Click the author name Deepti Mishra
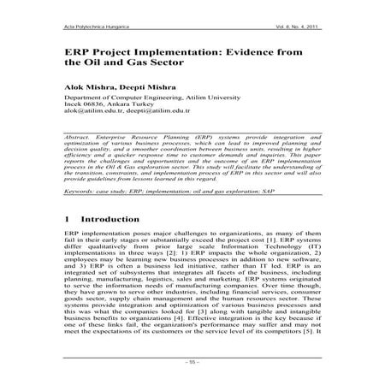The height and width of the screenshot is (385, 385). [131, 88]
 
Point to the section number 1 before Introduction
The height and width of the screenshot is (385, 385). [67, 220]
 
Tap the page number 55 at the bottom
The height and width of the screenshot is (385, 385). [192, 362]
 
